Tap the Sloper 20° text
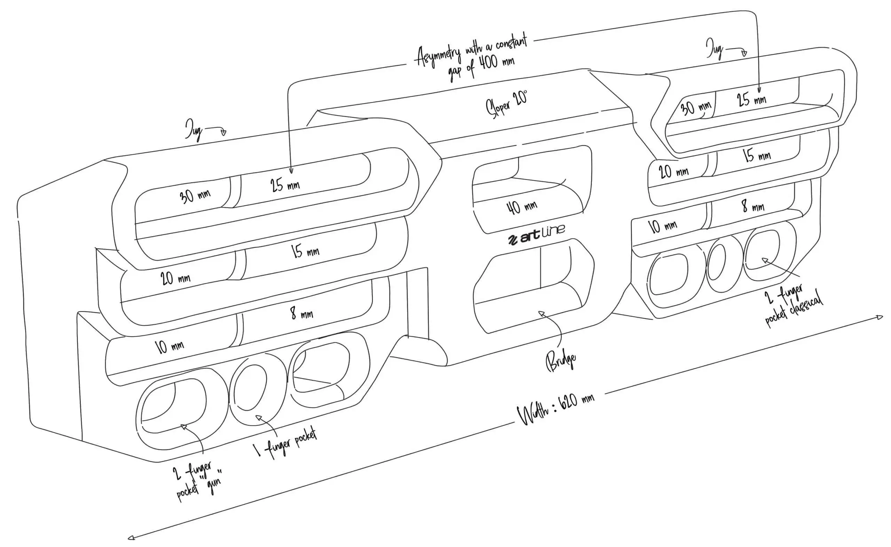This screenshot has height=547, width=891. pyautogui.click(x=506, y=104)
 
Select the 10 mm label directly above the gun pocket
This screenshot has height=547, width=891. pyautogui.click(x=169, y=346)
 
